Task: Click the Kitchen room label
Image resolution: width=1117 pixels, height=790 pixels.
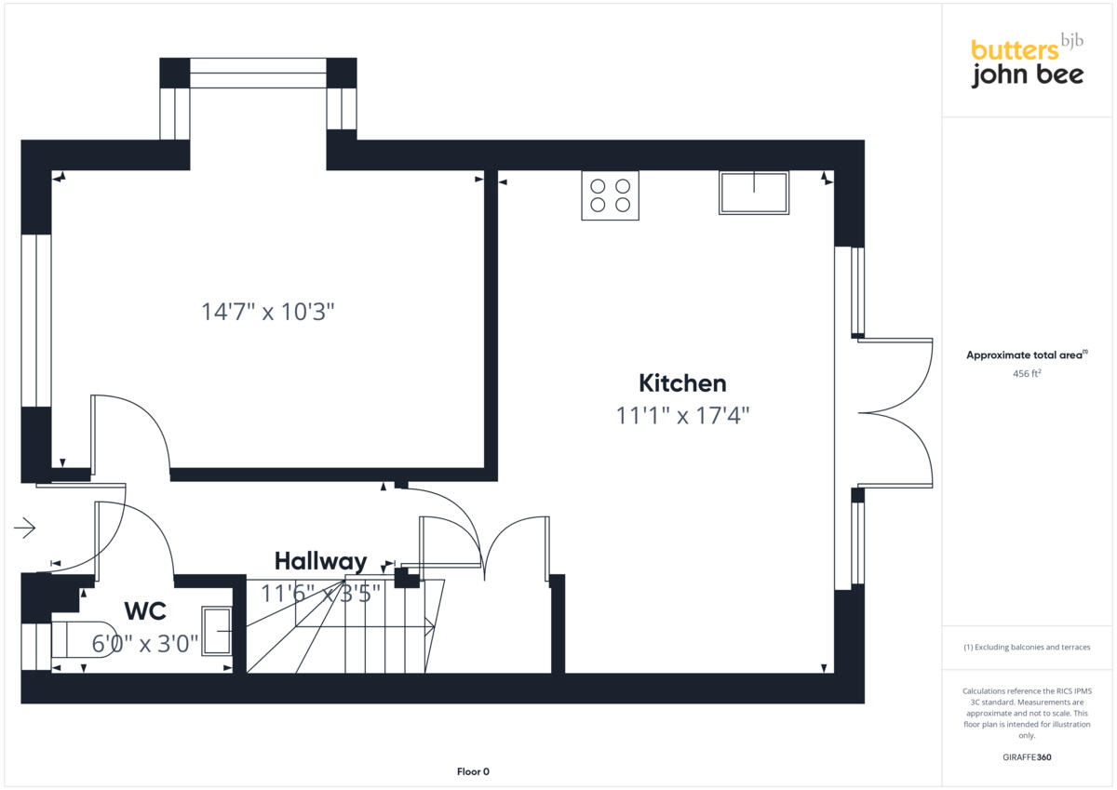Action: [x=682, y=383]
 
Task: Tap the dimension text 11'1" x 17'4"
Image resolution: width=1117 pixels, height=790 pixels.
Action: [x=682, y=416]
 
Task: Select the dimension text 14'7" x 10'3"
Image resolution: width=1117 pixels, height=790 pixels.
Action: [x=267, y=312]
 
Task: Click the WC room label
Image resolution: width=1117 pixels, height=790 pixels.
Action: [x=145, y=611]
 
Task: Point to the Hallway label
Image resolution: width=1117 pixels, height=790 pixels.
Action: [x=320, y=561]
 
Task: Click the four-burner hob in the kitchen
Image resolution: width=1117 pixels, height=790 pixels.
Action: [x=610, y=195]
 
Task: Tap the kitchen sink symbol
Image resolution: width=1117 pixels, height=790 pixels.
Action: [x=753, y=193]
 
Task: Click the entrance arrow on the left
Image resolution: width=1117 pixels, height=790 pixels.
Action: [x=24, y=529]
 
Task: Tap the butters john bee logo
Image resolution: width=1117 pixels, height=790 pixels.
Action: [x=1027, y=61]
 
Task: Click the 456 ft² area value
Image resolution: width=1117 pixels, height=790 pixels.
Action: [x=1027, y=373]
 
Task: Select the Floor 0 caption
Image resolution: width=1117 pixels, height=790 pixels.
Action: [x=473, y=771]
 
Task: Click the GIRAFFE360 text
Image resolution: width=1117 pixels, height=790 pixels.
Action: [x=1027, y=757]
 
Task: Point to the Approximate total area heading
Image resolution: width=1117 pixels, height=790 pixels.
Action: [x=1026, y=355]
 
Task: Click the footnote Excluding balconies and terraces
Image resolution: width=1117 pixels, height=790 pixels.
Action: [x=1027, y=647]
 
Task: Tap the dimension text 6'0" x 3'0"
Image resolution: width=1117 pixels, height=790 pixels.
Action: [x=145, y=643]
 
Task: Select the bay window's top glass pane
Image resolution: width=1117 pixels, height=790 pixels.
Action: [x=258, y=73]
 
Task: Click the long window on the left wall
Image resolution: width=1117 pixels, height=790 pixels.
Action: [x=35, y=320]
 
